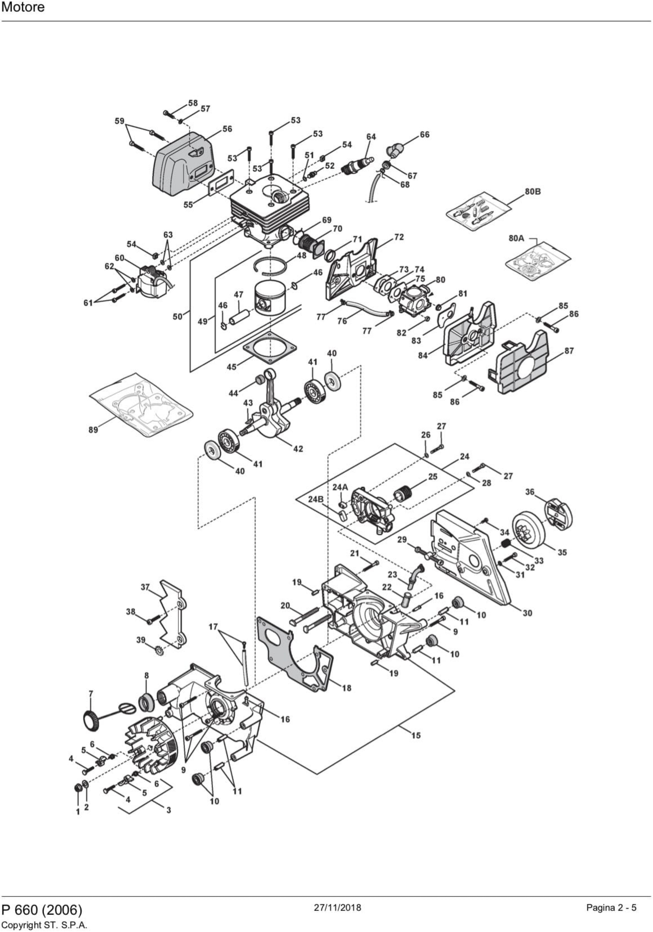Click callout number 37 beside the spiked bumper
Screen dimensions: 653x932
pos(145,587)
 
